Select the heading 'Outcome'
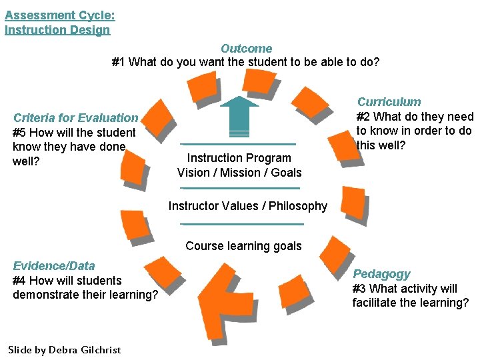coord(246,49)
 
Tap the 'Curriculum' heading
coord(389,102)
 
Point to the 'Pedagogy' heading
coord(381,274)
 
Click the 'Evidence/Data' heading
coord(54,266)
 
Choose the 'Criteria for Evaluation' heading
coord(75,118)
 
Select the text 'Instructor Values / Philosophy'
coord(247,206)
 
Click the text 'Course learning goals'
coord(243,246)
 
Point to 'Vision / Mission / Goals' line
coord(239,173)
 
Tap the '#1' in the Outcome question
coord(118,63)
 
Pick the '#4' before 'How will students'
coord(19,281)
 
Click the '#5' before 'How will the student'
coord(19,133)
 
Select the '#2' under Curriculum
coord(365,117)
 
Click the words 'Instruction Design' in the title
coord(57,30)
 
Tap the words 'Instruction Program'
coord(239,158)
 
